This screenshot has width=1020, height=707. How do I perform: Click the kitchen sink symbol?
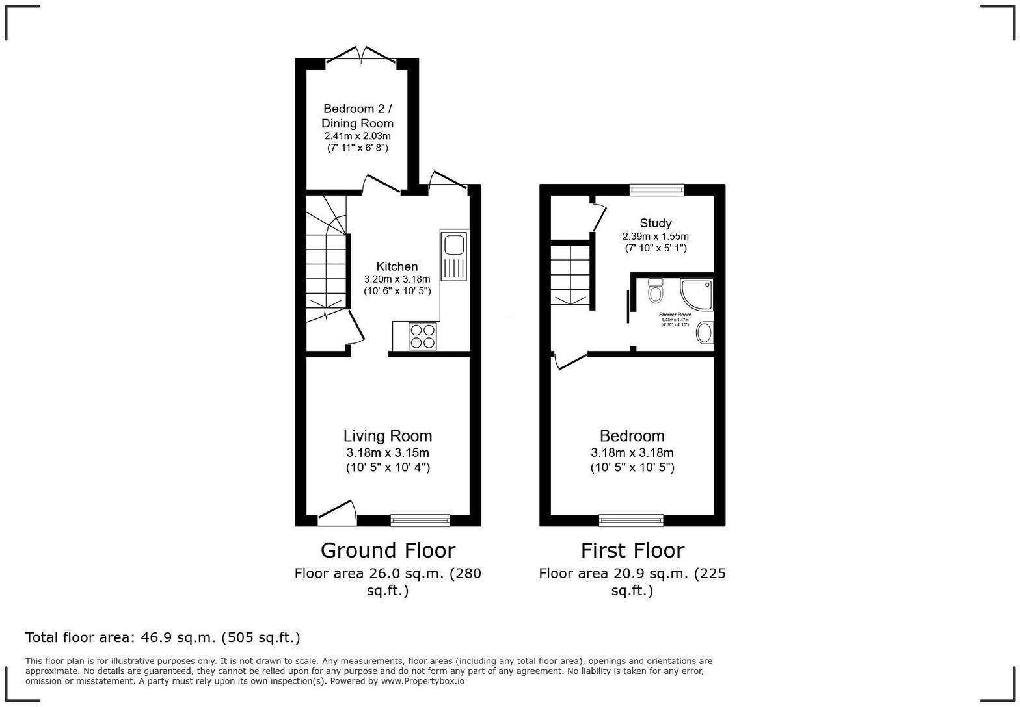click(454, 255)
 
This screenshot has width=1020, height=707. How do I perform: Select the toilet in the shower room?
click(655, 292)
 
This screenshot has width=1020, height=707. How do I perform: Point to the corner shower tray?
click(697, 293)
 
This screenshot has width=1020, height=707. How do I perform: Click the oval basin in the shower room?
click(704, 335)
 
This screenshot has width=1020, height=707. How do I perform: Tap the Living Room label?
click(388, 436)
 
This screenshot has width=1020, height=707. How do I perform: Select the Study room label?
click(655, 223)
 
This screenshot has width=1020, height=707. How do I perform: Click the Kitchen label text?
click(397, 266)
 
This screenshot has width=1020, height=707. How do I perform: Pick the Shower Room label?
click(675, 315)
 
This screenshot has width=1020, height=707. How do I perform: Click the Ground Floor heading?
click(388, 550)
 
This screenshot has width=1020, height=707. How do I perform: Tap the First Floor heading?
click(632, 550)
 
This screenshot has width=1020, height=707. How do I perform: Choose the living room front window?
click(420, 520)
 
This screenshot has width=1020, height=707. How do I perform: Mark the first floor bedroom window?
click(631, 520)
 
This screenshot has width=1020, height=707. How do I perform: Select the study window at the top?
click(657, 190)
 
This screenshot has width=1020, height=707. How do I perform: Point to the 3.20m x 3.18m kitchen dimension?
click(397, 279)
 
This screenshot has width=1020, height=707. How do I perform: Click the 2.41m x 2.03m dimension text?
click(358, 136)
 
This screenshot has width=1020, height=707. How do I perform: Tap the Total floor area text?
click(163, 637)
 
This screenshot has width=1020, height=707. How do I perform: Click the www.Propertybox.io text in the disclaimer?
click(422, 681)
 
